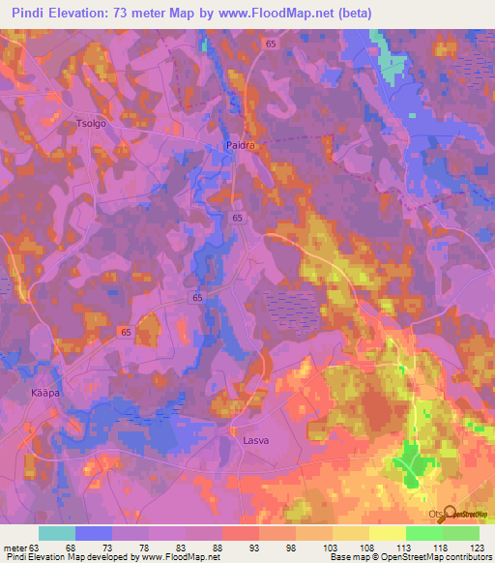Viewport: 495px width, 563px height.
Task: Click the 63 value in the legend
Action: click(38, 548)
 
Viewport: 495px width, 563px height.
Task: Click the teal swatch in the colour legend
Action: click(56, 533)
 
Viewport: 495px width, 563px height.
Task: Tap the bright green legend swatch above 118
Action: click(423, 533)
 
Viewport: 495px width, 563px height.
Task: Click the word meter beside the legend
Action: click(15, 548)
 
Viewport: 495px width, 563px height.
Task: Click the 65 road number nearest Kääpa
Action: click(126, 331)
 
